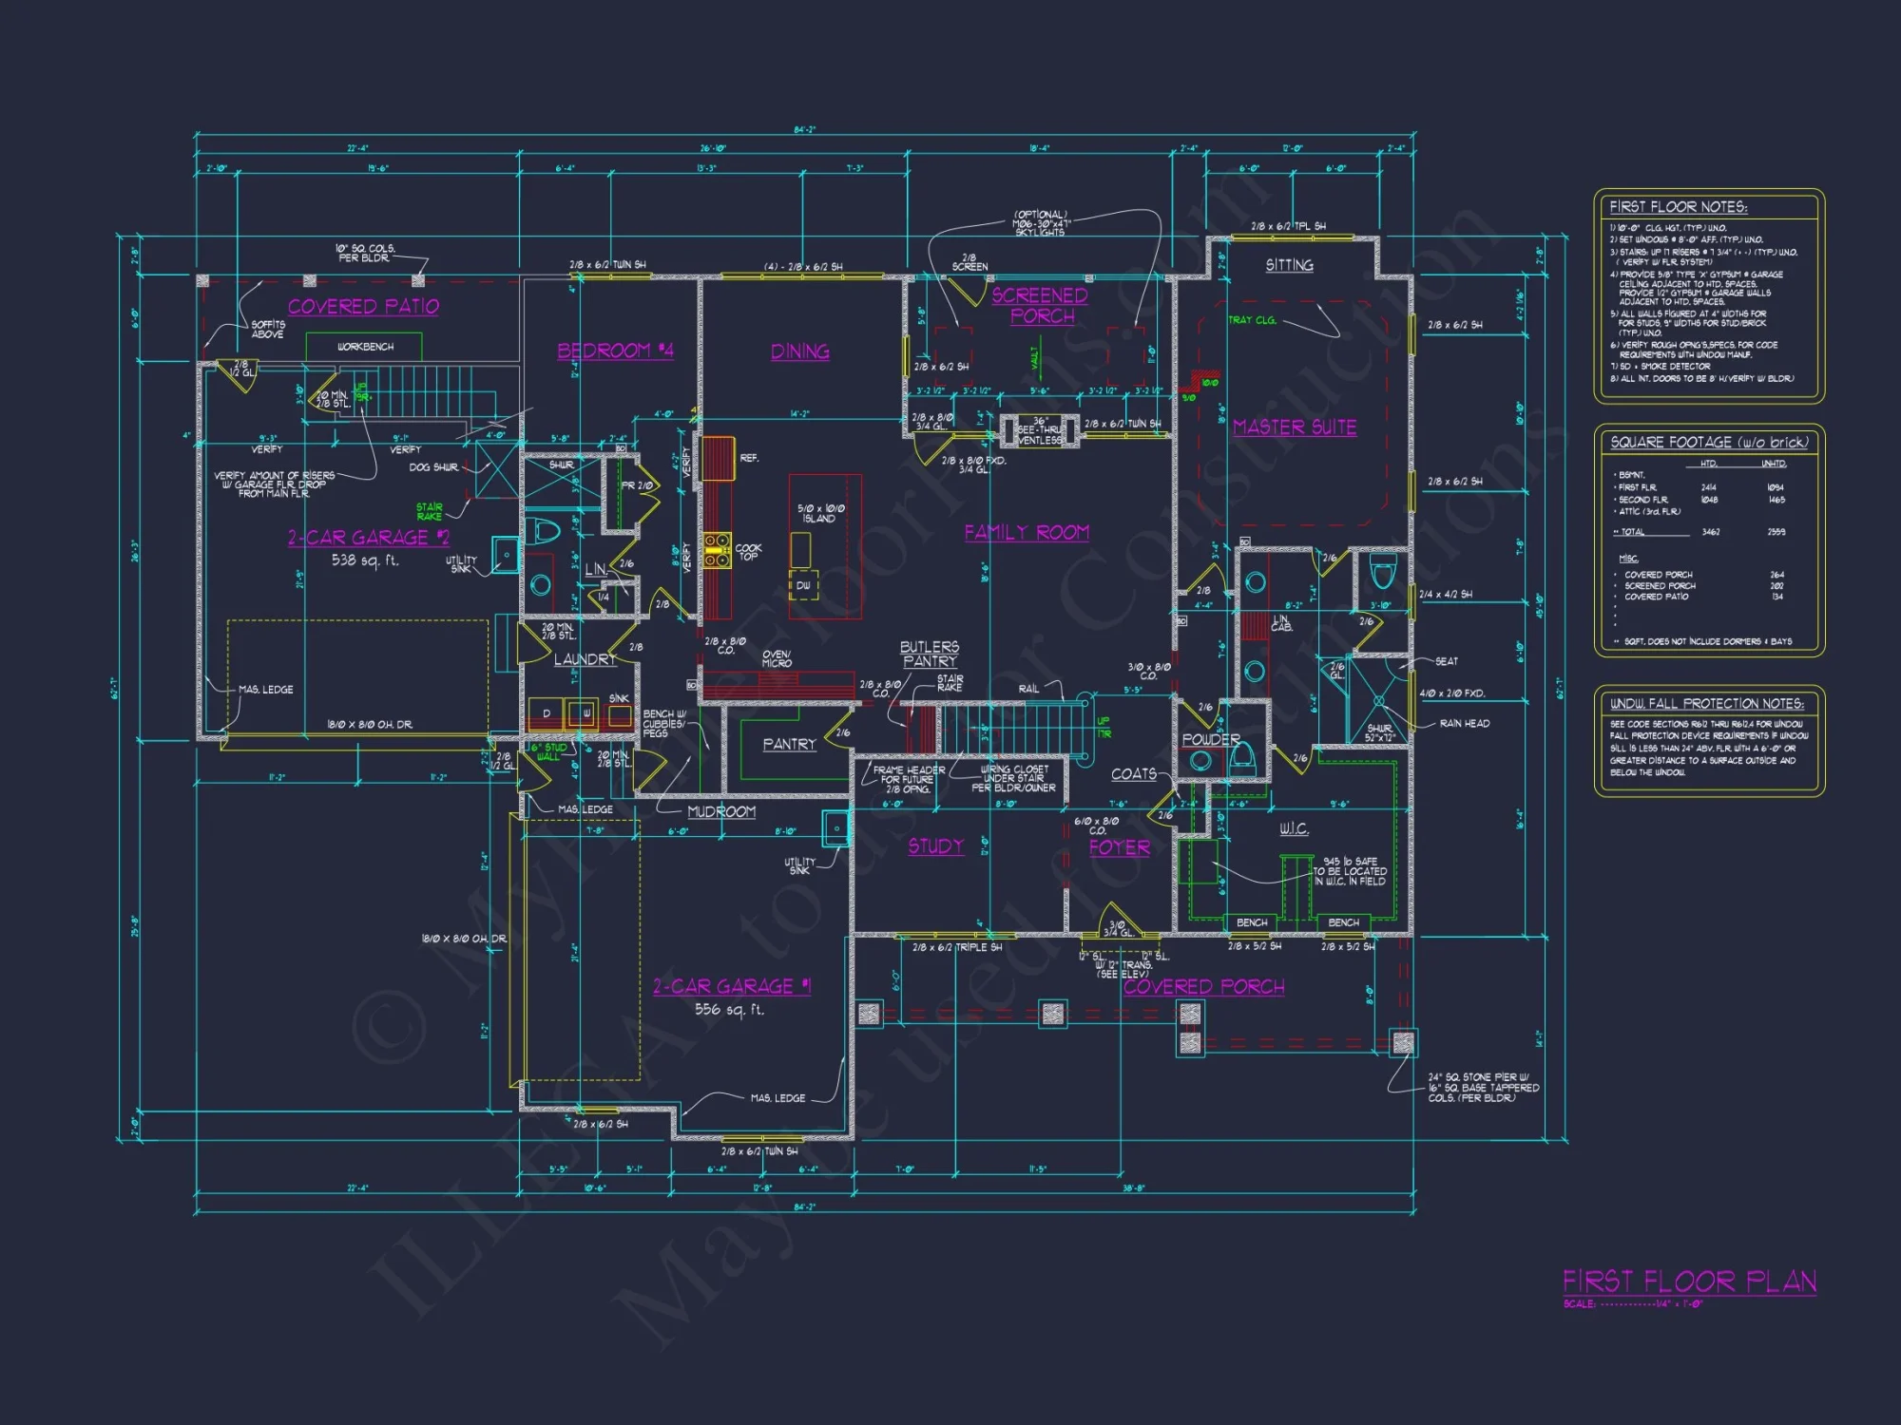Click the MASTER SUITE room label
click(1295, 427)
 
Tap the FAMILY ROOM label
click(1027, 532)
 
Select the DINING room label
click(800, 351)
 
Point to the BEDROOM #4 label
click(615, 351)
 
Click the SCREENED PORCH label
click(1041, 305)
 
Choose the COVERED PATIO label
click(363, 306)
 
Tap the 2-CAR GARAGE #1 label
click(732, 986)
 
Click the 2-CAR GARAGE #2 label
click(369, 538)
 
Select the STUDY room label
click(935, 846)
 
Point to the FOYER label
click(1119, 847)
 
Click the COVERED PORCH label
click(1203, 987)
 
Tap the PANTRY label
click(789, 744)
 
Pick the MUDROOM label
click(721, 811)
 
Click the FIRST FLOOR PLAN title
click(1689, 1282)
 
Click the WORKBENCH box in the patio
click(364, 347)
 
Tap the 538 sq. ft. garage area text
click(365, 560)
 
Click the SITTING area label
click(1289, 265)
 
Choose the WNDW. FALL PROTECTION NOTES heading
click(1706, 704)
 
